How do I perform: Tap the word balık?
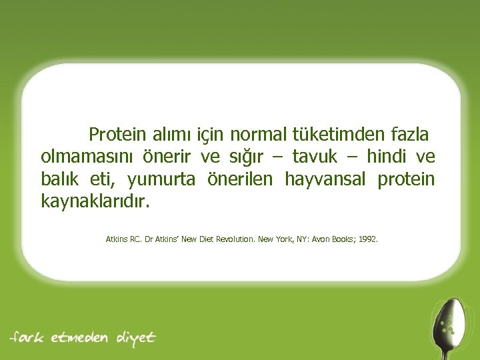click(x=60, y=179)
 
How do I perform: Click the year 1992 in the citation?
click(x=367, y=237)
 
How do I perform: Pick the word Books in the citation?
click(x=343, y=237)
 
